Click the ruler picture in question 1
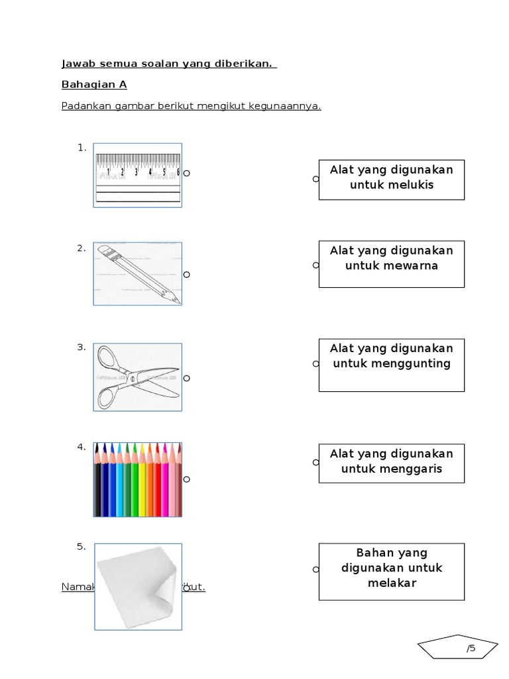[x=138, y=175]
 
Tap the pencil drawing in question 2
[x=138, y=274]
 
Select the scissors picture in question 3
[x=138, y=377]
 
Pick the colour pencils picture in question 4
[x=138, y=479]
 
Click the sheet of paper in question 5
[x=138, y=586]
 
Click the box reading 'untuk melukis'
[x=391, y=179]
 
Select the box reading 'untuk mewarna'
[x=391, y=264]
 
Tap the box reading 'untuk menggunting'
[x=391, y=365]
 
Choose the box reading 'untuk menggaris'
[x=391, y=463]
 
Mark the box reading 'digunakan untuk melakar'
[x=391, y=572]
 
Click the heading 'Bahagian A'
[x=94, y=85]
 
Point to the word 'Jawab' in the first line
[x=76, y=64]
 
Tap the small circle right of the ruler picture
[x=187, y=173]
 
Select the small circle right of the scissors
[x=187, y=378]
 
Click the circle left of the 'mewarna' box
[x=316, y=265]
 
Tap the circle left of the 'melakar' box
[x=316, y=570]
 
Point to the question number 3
[x=82, y=347]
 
